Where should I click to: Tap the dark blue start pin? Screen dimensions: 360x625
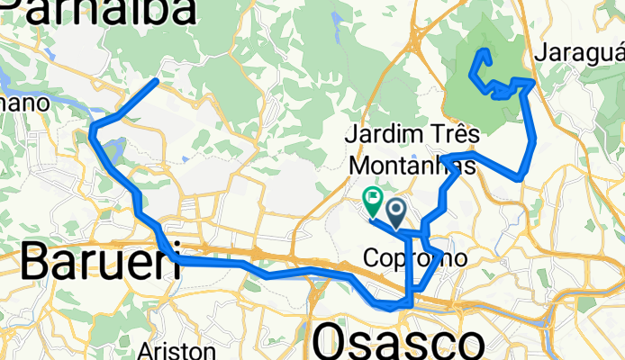tap(396, 211)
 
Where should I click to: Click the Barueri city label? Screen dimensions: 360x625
tap(87, 263)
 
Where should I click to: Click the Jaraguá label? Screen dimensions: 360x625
tap(579, 53)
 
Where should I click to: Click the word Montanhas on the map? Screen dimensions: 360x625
tap(412, 166)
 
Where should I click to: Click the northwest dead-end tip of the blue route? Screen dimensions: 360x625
tap(158, 81)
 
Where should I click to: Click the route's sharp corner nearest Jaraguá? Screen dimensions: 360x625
tap(534, 82)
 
